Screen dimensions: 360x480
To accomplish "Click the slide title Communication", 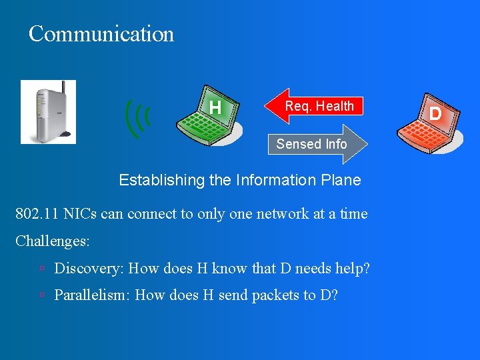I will click(x=101, y=34).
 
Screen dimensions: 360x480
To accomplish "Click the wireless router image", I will click(x=48, y=112).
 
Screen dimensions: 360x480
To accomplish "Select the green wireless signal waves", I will click(x=137, y=119).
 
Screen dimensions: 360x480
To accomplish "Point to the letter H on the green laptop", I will click(x=215, y=107).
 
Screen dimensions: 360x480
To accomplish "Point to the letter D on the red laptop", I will click(x=435, y=113).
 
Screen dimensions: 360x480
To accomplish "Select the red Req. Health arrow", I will click(x=314, y=106).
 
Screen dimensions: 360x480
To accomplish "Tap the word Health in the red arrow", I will click(x=335, y=106).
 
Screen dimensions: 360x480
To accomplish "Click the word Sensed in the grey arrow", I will click(x=294, y=144).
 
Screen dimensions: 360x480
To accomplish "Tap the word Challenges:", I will click(x=53, y=240).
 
